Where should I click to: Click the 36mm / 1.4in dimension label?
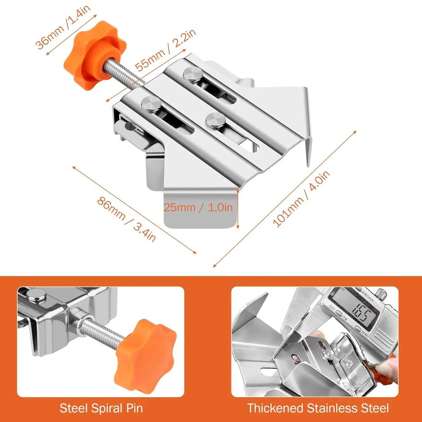[x=63, y=27]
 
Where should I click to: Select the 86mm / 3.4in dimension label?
[x=126, y=220]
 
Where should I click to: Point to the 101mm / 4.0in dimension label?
[x=301, y=199]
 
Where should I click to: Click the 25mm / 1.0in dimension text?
[x=198, y=207]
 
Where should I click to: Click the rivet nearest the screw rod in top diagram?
[x=151, y=104]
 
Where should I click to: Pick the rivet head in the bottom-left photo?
[x=36, y=295]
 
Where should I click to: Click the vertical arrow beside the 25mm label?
[x=237, y=208]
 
